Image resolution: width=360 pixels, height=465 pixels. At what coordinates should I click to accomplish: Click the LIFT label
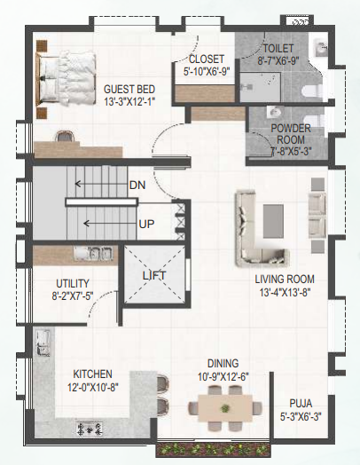point(154,276)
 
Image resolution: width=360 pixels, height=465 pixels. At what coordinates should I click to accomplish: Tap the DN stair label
point(137,185)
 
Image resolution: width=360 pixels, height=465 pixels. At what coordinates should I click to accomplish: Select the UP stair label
point(146,225)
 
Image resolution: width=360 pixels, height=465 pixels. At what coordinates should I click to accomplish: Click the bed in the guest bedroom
point(66,79)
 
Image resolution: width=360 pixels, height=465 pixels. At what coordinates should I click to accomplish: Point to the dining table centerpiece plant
point(225,408)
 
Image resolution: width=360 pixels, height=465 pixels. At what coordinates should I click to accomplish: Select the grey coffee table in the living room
point(273,221)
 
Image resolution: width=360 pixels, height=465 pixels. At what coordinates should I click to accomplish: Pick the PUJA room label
point(301,404)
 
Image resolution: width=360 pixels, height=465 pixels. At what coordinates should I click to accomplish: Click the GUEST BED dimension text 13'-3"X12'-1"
point(129,102)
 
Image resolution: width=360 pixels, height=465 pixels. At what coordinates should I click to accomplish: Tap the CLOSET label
point(207,59)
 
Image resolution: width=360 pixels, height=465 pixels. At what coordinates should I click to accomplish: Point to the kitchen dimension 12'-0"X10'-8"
point(93,387)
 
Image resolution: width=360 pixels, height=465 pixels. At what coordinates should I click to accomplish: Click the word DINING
point(223,364)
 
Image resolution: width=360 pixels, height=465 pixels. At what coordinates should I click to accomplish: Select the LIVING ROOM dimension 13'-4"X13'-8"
point(285,293)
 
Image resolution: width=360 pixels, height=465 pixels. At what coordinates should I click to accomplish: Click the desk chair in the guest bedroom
point(65,137)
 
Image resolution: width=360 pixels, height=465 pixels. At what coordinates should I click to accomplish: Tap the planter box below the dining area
point(214,450)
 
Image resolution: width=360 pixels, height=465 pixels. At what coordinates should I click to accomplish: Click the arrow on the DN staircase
point(101,185)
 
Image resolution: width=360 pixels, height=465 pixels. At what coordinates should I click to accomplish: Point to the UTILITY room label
point(73,284)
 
